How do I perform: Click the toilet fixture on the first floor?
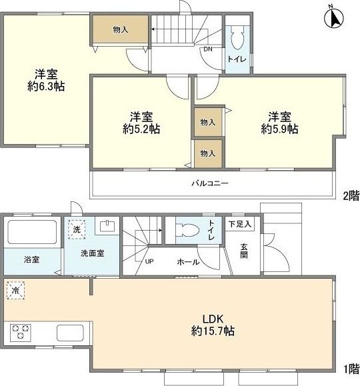189,231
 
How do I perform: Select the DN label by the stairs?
207,49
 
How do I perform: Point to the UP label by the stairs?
149,261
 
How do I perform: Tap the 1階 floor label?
351,367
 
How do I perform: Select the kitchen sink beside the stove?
69,332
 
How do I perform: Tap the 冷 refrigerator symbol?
15,291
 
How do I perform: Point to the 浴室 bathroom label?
32,259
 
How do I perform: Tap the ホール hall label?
187,261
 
